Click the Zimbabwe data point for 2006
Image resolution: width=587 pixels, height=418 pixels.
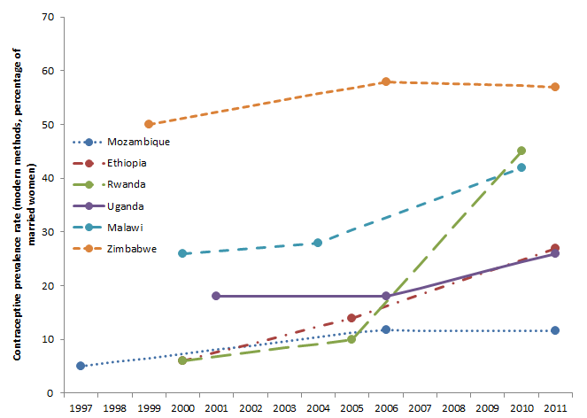pyautogui.click(x=386, y=81)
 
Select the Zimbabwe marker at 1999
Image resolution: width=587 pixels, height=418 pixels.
pyautogui.click(x=149, y=124)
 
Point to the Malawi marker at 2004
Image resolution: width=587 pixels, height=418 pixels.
pyautogui.click(x=318, y=243)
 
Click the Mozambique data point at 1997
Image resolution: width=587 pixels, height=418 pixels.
pyautogui.click(x=81, y=366)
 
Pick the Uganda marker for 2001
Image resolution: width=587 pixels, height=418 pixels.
pyautogui.click(x=216, y=296)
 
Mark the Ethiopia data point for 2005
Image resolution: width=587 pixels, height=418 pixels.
pyautogui.click(x=351, y=318)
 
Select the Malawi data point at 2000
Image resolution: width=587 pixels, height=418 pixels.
pyautogui.click(x=182, y=253)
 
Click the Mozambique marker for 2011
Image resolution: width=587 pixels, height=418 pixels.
pyautogui.click(x=555, y=330)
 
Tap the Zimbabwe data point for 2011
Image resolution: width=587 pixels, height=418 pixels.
pyautogui.click(x=555, y=87)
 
